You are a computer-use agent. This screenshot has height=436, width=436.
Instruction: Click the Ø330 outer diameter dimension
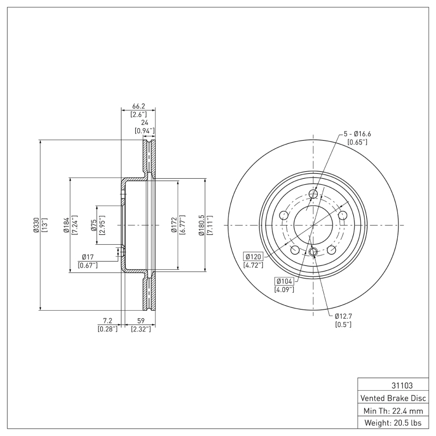click(36, 225)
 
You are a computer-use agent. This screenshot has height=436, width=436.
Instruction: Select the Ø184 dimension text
click(66, 225)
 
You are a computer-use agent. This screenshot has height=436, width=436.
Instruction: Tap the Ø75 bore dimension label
click(93, 225)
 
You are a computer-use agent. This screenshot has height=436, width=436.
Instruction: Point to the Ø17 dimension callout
click(88, 257)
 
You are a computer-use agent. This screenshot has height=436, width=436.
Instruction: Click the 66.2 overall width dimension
click(138, 106)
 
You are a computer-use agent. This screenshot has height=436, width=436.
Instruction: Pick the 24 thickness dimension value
click(144, 122)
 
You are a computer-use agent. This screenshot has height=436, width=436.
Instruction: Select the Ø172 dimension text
click(174, 225)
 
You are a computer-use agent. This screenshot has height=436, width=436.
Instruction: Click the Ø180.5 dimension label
click(201, 225)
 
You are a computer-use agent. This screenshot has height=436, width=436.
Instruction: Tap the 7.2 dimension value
click(107, 321)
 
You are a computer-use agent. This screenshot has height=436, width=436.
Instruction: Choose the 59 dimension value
click(141, 321)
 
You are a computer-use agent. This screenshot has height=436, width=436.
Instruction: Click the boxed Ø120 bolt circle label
click(253, 256)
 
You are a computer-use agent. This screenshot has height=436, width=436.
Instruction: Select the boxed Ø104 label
click(284, 281)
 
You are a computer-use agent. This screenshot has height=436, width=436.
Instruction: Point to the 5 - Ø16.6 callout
click(358, 134)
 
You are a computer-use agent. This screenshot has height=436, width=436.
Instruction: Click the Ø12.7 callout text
click(343, 316)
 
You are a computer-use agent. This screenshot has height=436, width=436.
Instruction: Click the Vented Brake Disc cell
click(393, 398)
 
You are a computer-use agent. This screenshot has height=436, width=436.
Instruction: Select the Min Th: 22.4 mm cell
click(393, 410)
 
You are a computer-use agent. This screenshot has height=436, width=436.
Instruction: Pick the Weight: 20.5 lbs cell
click(393, 423)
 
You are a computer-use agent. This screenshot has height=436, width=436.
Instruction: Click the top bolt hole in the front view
click(313, 193)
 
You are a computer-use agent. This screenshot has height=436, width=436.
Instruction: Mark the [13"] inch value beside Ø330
click(44, 225)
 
